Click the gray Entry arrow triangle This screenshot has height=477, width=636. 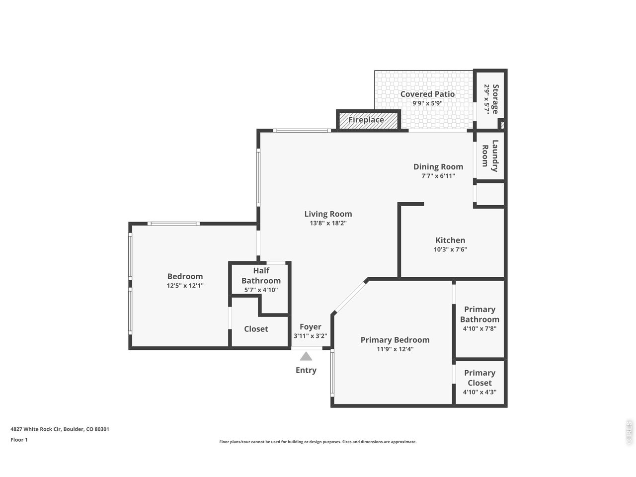pyautogui.click(x=306, y=356)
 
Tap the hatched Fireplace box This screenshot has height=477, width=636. pyautogui.click(x=368, y=120)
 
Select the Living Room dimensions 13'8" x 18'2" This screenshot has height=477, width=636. pyautogui.click(x=328, y=223)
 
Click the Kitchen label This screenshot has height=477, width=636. pyautogui.click(x=450, y=240)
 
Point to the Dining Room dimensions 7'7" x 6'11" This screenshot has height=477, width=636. pyautogui.click(x=438, y=176)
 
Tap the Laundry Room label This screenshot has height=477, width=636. pyautogui.click(x=490, y=156)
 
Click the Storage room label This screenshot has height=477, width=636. pyautogui.click(x=495, y=99)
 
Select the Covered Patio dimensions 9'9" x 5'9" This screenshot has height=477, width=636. pyautogui.click(x=427, y=103)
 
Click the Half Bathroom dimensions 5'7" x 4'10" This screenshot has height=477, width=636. pyautogui.click(x=261, y=290)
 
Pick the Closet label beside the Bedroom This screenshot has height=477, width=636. pyautogui.click(x=256, y=329)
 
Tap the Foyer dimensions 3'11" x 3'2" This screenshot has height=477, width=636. pyautogui.click(x=311, y=336)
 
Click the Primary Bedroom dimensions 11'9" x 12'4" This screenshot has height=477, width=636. pyautogui.click(x=395, y=349)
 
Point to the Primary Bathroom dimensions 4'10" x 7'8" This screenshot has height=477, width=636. pyautogui.click(x=479, y=329)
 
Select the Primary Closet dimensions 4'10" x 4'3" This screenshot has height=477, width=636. pyautogui.click(x=479, y=392)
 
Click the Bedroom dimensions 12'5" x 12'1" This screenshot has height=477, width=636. pyautogui.click(x=185, y=286)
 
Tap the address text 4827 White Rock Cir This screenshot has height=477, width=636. pyautogui.click(x=36, y=429)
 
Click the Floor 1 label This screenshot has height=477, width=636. pyautogui.click(x=19, y=440)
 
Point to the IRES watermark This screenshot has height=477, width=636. pyautogui.click(x=629, y=433)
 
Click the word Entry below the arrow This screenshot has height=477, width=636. pyautogui.click(x=306, y=370)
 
